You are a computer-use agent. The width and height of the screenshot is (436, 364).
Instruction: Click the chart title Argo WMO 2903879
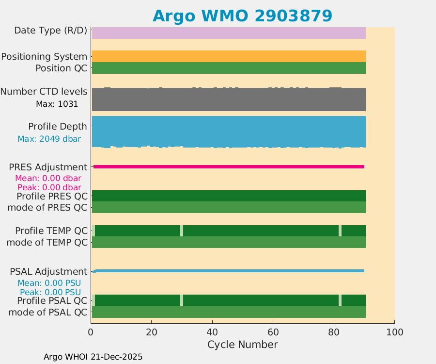coord(242,16)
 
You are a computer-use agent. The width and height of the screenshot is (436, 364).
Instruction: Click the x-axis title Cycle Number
coord(242,345)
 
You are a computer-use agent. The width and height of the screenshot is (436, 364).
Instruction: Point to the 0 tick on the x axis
coord(91,332)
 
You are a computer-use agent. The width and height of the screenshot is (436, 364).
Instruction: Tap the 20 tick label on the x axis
coord(152,332)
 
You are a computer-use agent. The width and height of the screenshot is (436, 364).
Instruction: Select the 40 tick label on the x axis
coord(212,332)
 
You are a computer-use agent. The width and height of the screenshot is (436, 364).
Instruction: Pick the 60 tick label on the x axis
coord(273,332)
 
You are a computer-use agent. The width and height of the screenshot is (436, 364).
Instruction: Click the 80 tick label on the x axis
coord(334,332)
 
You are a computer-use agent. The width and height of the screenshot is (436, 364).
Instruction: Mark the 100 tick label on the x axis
coord(394,332)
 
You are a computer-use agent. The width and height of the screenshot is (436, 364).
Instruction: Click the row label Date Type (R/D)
coord(51,31)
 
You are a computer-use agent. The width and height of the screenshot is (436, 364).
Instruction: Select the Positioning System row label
coord(44,56)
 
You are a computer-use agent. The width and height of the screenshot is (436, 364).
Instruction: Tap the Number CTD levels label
coord(44,91)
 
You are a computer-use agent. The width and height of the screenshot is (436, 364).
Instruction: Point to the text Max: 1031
coord(57,104)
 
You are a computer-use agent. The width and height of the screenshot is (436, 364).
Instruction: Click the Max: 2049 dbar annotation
coord(49,139)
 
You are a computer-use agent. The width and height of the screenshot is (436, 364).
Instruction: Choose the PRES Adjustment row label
coord(48,167)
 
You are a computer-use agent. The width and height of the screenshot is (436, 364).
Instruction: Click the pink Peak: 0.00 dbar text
coord(49,187)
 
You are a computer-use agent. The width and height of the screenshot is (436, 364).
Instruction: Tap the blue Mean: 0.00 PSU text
coord(49,283)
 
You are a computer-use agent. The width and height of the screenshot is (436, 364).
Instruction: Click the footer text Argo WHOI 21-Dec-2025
coord(93,357)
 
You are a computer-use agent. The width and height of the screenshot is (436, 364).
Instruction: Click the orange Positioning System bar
coord(229,56)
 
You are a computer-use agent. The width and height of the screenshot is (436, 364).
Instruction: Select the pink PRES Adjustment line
coord(229,166)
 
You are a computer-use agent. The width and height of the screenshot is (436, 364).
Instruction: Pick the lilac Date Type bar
coord(229,33)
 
